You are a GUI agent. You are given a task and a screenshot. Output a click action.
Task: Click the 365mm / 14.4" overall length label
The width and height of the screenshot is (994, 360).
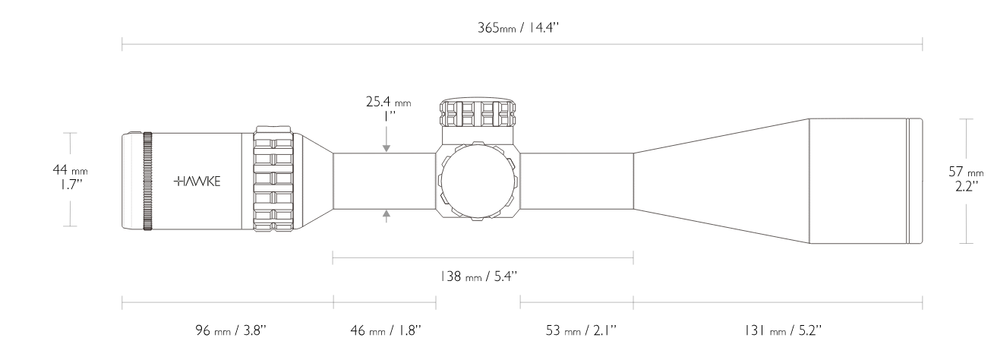[x=518, y=27]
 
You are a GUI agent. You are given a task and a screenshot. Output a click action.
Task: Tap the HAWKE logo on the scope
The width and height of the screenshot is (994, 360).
[x=197, y=181]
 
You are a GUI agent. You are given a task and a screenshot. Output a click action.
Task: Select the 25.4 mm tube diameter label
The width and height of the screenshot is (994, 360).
[x=388, y=102]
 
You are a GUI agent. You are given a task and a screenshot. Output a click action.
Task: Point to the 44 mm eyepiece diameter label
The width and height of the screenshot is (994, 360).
[x=70, y=169]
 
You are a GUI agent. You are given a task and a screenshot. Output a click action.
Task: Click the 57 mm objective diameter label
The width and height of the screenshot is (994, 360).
[x=966, y=172]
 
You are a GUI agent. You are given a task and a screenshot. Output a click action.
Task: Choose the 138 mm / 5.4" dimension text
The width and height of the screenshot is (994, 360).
[x=478, y=276]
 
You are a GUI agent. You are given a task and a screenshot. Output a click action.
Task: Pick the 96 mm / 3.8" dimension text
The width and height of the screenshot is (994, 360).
[x=231, y=330]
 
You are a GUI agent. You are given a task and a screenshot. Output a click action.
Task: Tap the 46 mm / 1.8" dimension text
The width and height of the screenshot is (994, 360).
[x=385, y=330]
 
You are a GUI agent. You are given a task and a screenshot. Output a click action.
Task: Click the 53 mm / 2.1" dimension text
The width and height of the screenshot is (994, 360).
[x=581, y=330]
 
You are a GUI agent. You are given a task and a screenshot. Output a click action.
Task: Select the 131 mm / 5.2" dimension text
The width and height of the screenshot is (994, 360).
[x=783, y=330]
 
